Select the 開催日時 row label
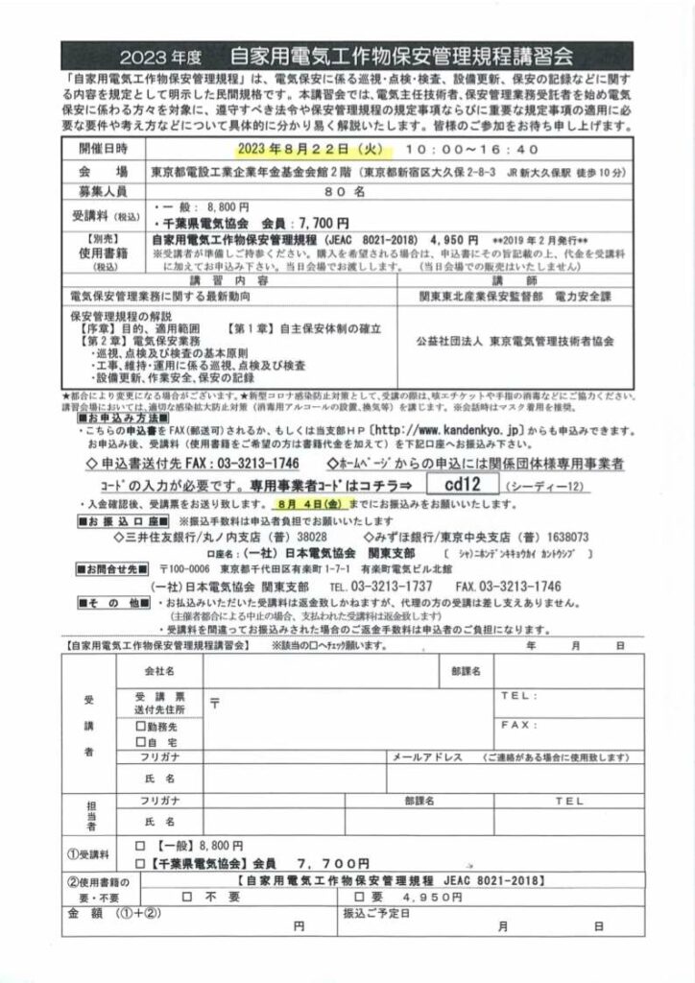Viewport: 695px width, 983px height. tap(100, 150)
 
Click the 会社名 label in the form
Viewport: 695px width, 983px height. tap(158, 669)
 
